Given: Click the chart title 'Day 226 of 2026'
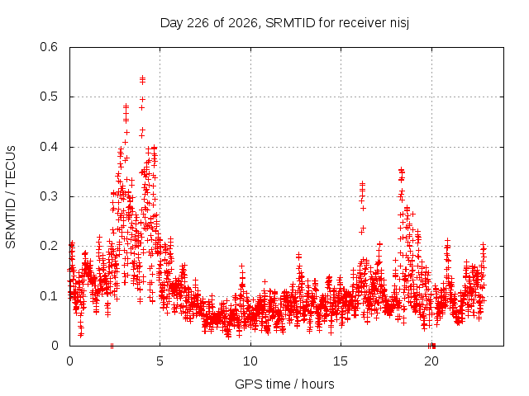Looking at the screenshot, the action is (x=208, y=23).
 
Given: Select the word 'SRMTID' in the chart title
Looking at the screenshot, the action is (x=290, y=23).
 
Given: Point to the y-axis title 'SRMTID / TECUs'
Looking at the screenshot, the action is (x=11, y=197).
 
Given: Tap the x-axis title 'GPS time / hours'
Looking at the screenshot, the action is (x=284, y=384).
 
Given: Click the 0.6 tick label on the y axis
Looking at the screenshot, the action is (x=49, y=47).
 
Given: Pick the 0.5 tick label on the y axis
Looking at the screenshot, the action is (x=49, y=97).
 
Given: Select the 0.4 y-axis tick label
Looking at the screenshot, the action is (x=49, y=147).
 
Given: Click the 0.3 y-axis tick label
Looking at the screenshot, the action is (x=49, y=196).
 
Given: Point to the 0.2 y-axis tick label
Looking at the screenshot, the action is (x=49, y=246).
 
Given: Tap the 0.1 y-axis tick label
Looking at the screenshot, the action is (x=49, y=296).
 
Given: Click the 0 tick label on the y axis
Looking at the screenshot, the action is (x=55, y=346).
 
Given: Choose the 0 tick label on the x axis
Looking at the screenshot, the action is (x=69, y=361).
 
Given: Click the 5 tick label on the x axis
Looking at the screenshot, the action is (x=160, y=361).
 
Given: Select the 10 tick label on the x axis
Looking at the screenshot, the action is (x=250, y=361).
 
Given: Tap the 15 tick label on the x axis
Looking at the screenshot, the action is (x=341, y=361).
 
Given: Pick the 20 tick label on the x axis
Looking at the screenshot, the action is (x=431, y=361).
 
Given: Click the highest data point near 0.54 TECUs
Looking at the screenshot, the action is (x=142, y=78).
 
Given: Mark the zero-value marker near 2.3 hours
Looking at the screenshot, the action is (x=112, y=346).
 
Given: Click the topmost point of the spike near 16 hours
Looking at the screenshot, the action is (x=362, y=184).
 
